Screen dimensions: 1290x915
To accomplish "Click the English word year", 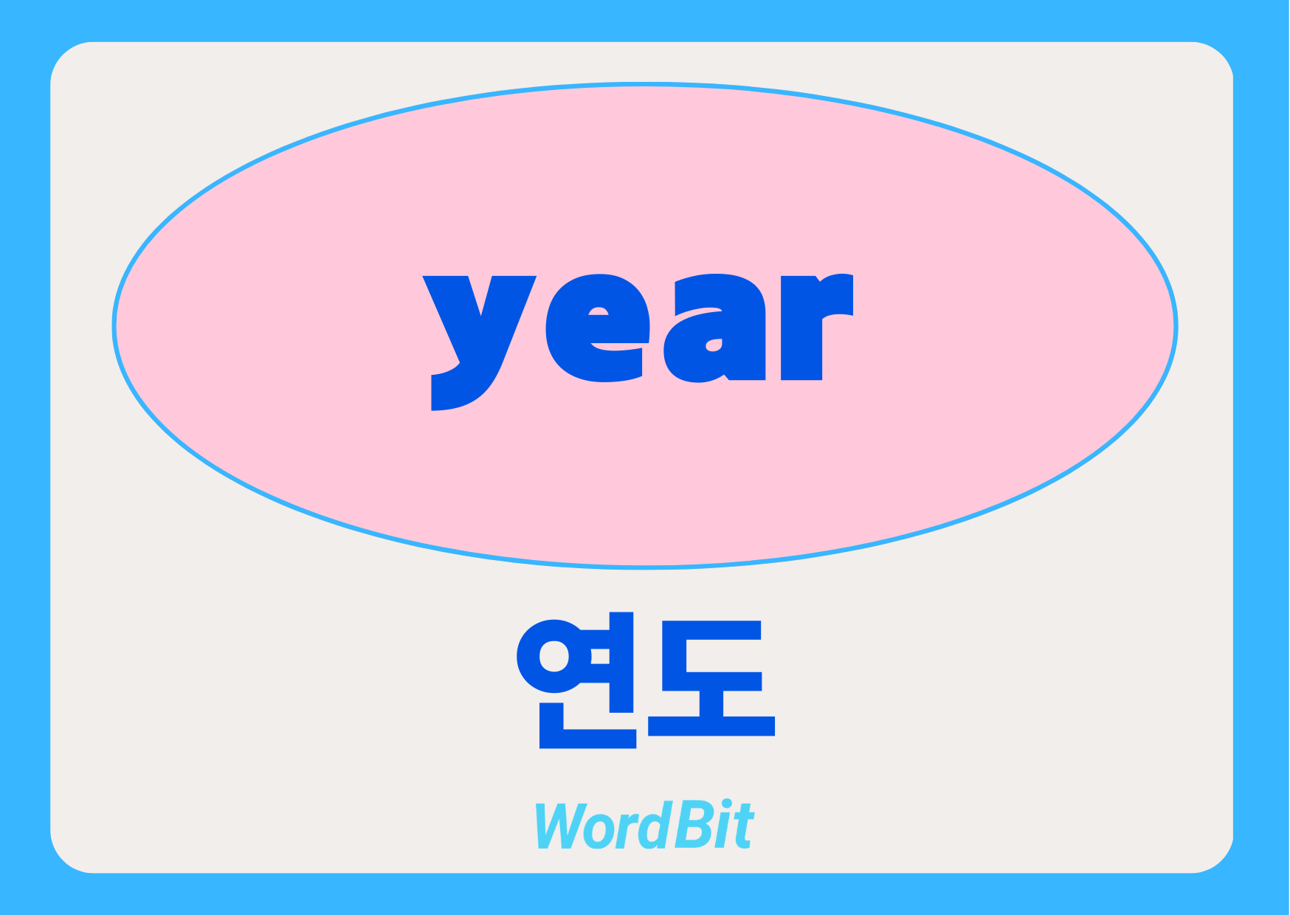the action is pyautogui.click(x=638, y=341).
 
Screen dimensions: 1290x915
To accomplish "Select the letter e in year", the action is pyautogui.click(x=599, y=328).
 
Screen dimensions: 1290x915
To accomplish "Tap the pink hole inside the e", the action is pyautogui.click(x=599, y=311).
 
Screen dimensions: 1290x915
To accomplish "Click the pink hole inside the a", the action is pyautogui.click(x=714, y=345).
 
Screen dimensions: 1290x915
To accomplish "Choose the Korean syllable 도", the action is pyautogui.click(x=711, y=678).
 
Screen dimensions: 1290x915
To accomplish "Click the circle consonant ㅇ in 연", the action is pyautogui.click(x=553, y=656).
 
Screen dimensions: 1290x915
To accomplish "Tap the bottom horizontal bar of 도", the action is pyautogui.click(x=711, y=725).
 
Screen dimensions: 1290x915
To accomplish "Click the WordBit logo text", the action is pyautogui.click(x=644, y=824).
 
